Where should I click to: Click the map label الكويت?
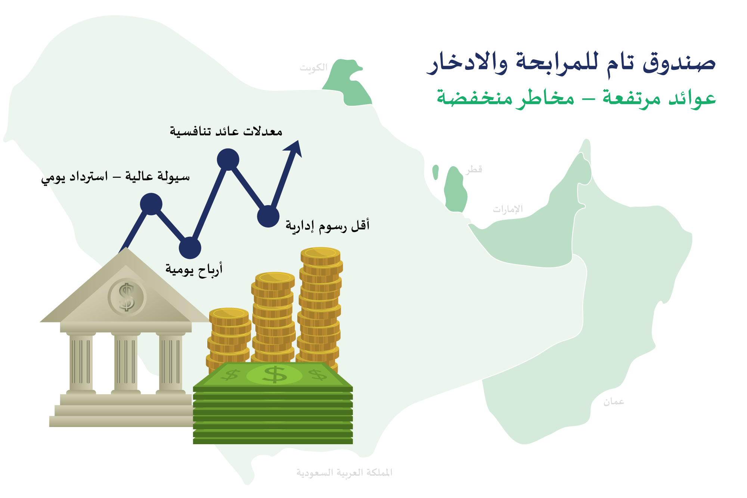point(313,68)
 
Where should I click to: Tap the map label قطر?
point(474,170)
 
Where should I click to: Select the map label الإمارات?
point(508,209)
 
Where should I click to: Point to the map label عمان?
point(614,402)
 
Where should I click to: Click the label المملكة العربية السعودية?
point(344,473)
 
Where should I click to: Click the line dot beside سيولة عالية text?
point(151,204)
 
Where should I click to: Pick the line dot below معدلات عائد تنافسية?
point(228,160)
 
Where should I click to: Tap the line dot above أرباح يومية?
point(190,248)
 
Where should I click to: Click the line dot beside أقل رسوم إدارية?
point(268,216)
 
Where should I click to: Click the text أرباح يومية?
point(194,269)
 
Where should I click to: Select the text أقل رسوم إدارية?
point(328,226)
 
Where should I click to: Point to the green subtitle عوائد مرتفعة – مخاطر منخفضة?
point(576,98)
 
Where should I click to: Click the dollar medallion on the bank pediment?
point(127,297)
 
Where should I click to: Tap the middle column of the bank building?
point(126,362)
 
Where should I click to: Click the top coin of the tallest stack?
point(320,253)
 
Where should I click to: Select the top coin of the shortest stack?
point(229,313)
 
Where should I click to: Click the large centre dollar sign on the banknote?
point(275,375)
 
